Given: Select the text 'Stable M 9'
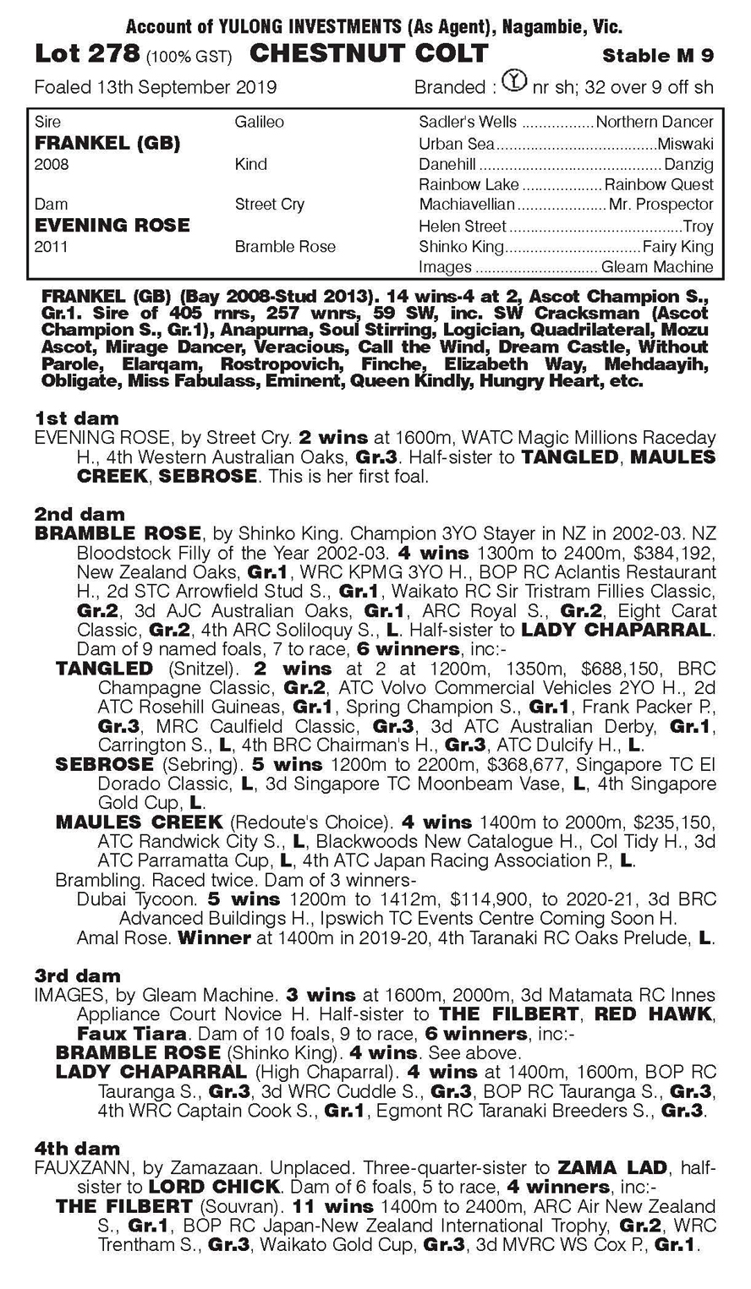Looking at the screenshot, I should (658, 56).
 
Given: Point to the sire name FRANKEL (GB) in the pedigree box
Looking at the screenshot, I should (107, 143).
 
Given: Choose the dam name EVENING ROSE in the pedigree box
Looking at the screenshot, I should (112, 225).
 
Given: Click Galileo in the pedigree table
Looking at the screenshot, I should (260, 122).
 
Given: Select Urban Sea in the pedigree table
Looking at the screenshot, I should (457, 144).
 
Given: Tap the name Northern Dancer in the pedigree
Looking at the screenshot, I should (655, 122).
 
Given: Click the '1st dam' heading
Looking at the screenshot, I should (77, 418).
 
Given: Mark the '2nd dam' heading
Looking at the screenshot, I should (79, 514).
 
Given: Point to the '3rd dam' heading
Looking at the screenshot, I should (78, 975).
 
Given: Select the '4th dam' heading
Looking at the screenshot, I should (78, 1148).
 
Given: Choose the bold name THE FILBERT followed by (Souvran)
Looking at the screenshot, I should (124, 1205).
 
